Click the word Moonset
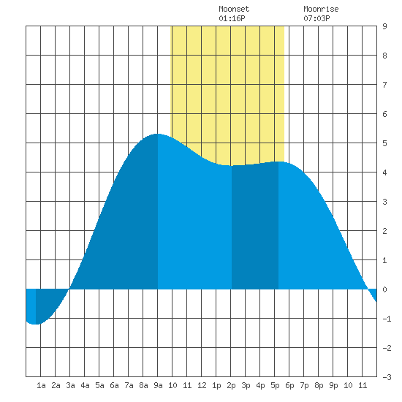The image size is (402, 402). pyautogui.click(x=234, y=10)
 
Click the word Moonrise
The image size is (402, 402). pyautogui.click(x=321, y=10)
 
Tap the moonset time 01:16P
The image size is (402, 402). pyautogui.click(x=232, y=18)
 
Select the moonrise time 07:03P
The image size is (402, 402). pyautogui.click(x=316, y=18)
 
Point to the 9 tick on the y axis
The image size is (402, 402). pyautogui.click(x=384, y=26)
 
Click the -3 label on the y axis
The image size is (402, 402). pyautogui.click(x=387, y=377)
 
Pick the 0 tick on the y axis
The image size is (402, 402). pyautogui.click(x=384, y=289)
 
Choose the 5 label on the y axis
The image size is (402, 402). pyautogui.click(x=384, y=143)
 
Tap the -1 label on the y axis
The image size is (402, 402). pyautogui.click(x=387, y=319)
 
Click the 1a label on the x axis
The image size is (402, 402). pyautogui.click(x=41, y=385)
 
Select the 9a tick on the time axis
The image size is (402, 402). pyautogui.click(x=158, y=385)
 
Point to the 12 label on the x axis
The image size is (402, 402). pyautogui.click(x=202, y=385)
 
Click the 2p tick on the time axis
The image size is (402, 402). pyautogui.click(x=231, y=385)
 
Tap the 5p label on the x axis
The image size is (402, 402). pyautogui.click(x=275, y=385)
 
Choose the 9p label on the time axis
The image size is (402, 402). pyautogui.click(x=333, y=385)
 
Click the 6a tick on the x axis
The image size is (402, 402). pyautogui.click(x=114, y=385)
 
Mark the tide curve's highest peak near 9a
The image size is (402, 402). pyautogui.click(x=157, y=134)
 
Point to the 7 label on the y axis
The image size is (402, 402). pyautogui.click(x=384, y=85)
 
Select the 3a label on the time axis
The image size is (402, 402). pyautogui.click(x=70, y=385)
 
